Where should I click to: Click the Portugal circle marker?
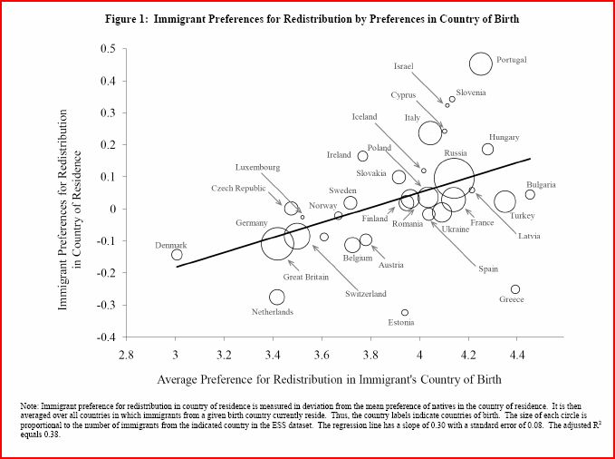pos(481,63)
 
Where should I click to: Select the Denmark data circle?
pos(177,255)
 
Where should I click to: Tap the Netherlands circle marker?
pos(276,297)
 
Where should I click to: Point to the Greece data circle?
pos(515,289)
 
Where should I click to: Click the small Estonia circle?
pos(405,312)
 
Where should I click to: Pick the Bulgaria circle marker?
pos(530,194)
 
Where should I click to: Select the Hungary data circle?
pos(487,150)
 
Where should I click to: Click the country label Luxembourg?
pos(257,168)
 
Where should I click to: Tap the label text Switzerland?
pos(366,294)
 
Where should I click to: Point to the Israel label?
pos(403,66)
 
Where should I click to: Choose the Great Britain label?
pos(306,278)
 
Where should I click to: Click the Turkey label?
pos(523,216)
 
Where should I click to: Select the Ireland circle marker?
pos(362,156)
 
